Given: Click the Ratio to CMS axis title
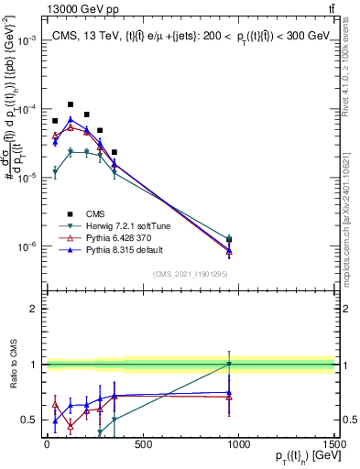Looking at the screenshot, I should (x=13, y=364).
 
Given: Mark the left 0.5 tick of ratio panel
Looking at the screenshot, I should (x=30, y=420).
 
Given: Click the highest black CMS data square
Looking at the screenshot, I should (x=71, y=104).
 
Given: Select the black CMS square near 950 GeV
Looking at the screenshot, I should (x=229, y=240).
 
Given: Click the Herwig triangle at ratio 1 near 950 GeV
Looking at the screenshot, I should (x=229, y=365).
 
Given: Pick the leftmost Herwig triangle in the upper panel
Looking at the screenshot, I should (x=55, y=170).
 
